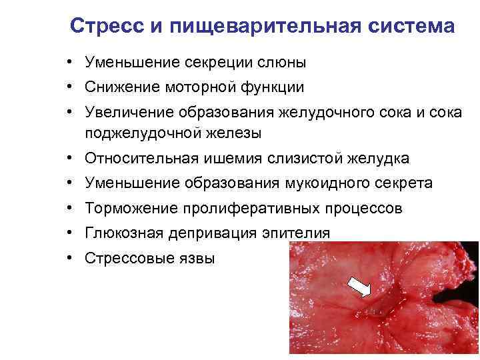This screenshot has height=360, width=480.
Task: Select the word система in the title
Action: [411, 27]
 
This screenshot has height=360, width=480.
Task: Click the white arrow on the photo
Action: [361, 288]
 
